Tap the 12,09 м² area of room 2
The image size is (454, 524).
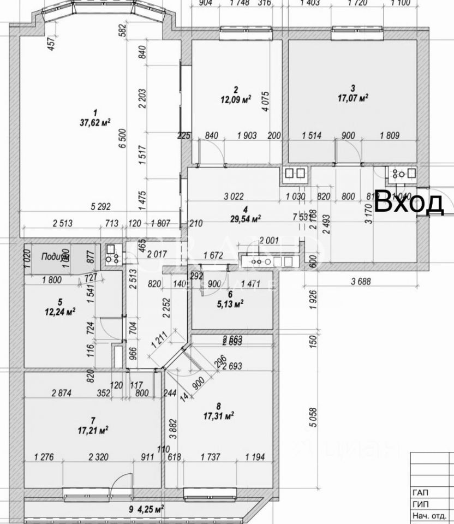point(235,99)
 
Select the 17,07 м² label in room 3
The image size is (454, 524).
point(352,98)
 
